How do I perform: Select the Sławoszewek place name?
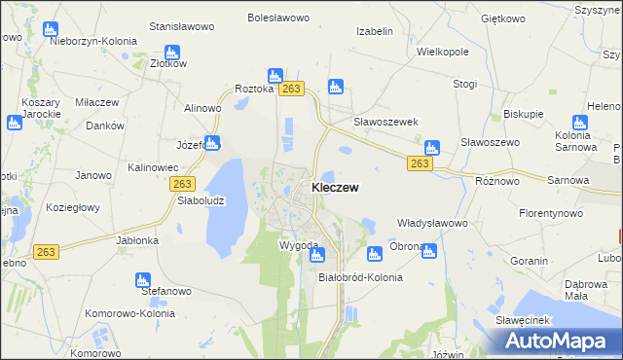[x=385, y=122]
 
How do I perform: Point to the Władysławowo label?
[x=433, y=223]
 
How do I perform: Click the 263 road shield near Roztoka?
[x=291, y=89]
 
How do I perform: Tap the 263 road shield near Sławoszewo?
[x=419, y=163]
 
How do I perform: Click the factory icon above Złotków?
[x=172, y=53]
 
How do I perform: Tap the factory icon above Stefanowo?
[x=142, y=280]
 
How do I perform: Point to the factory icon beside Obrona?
[x=374, y=255]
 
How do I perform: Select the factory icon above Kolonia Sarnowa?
[x=580, y=124]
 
